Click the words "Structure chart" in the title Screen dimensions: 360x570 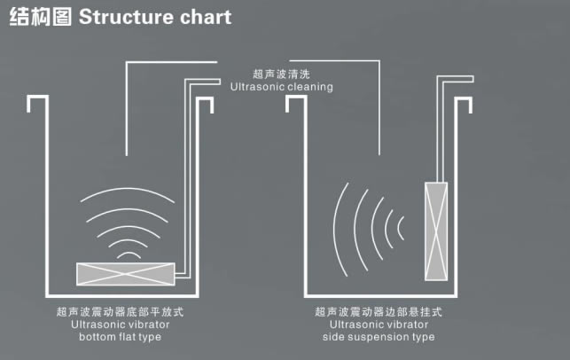tap(155, 17)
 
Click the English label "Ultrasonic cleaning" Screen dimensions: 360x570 tap(281, 87)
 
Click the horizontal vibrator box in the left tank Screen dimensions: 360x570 tap(127, 275)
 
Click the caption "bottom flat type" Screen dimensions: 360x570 tap(120, 337)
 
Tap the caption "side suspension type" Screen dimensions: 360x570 tap(379, 337)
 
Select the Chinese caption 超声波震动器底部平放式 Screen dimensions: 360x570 tap(120, 312)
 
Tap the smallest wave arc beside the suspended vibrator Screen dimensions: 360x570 tap(402, 228)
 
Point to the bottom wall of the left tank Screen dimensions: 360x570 tap(119, 295)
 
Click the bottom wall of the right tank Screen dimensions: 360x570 tap(381, 295)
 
